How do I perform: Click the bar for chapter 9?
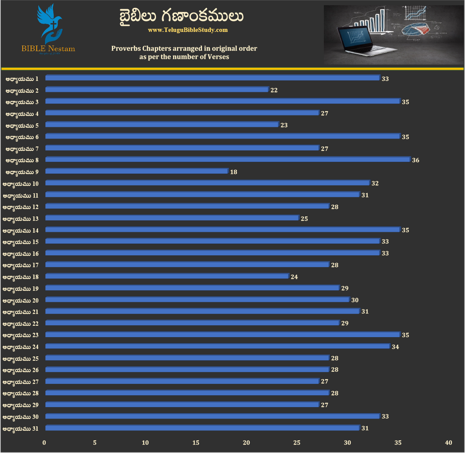click(x=136, y=171)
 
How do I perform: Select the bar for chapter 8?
click(x=227, y=160)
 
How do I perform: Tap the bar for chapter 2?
click(x=156, y=90)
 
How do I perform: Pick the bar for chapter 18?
click(x=167, y=276)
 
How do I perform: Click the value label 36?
click(x=416, y=160)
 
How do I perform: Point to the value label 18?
click(x=233, y=172)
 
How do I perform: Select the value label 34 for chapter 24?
click(x=396, y=347)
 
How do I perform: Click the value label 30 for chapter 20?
click(x=355, y=300)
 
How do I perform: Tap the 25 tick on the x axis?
click(x=297, y=443)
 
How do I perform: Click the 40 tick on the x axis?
click(x=448, y=443)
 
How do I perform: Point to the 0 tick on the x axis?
click(x=44, y=443)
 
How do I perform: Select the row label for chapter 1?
click(x=22, y=79)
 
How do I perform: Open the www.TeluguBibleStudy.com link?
click(x=188, y=30)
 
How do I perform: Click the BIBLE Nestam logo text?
click(x=48, y=49)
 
